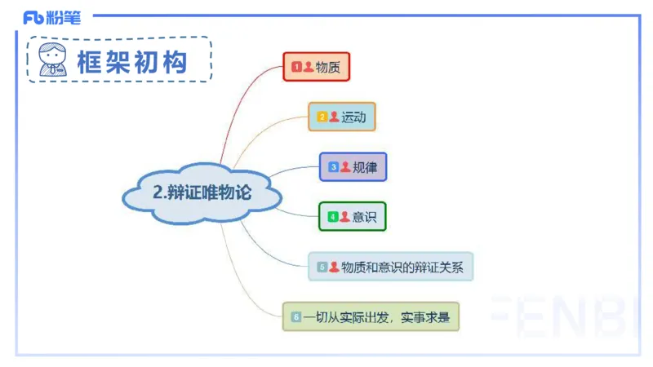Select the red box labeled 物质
316,67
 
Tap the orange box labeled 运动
341,117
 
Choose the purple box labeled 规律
353,167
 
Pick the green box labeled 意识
352,217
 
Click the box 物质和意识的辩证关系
391,267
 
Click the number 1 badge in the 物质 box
297,67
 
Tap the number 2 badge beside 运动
322,117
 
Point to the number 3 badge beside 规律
333,167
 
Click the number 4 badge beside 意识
333,217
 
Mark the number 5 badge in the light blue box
322,267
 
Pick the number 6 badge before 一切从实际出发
296,316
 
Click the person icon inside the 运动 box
334,117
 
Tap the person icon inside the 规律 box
345,167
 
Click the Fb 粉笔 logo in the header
52,17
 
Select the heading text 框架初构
131,62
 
